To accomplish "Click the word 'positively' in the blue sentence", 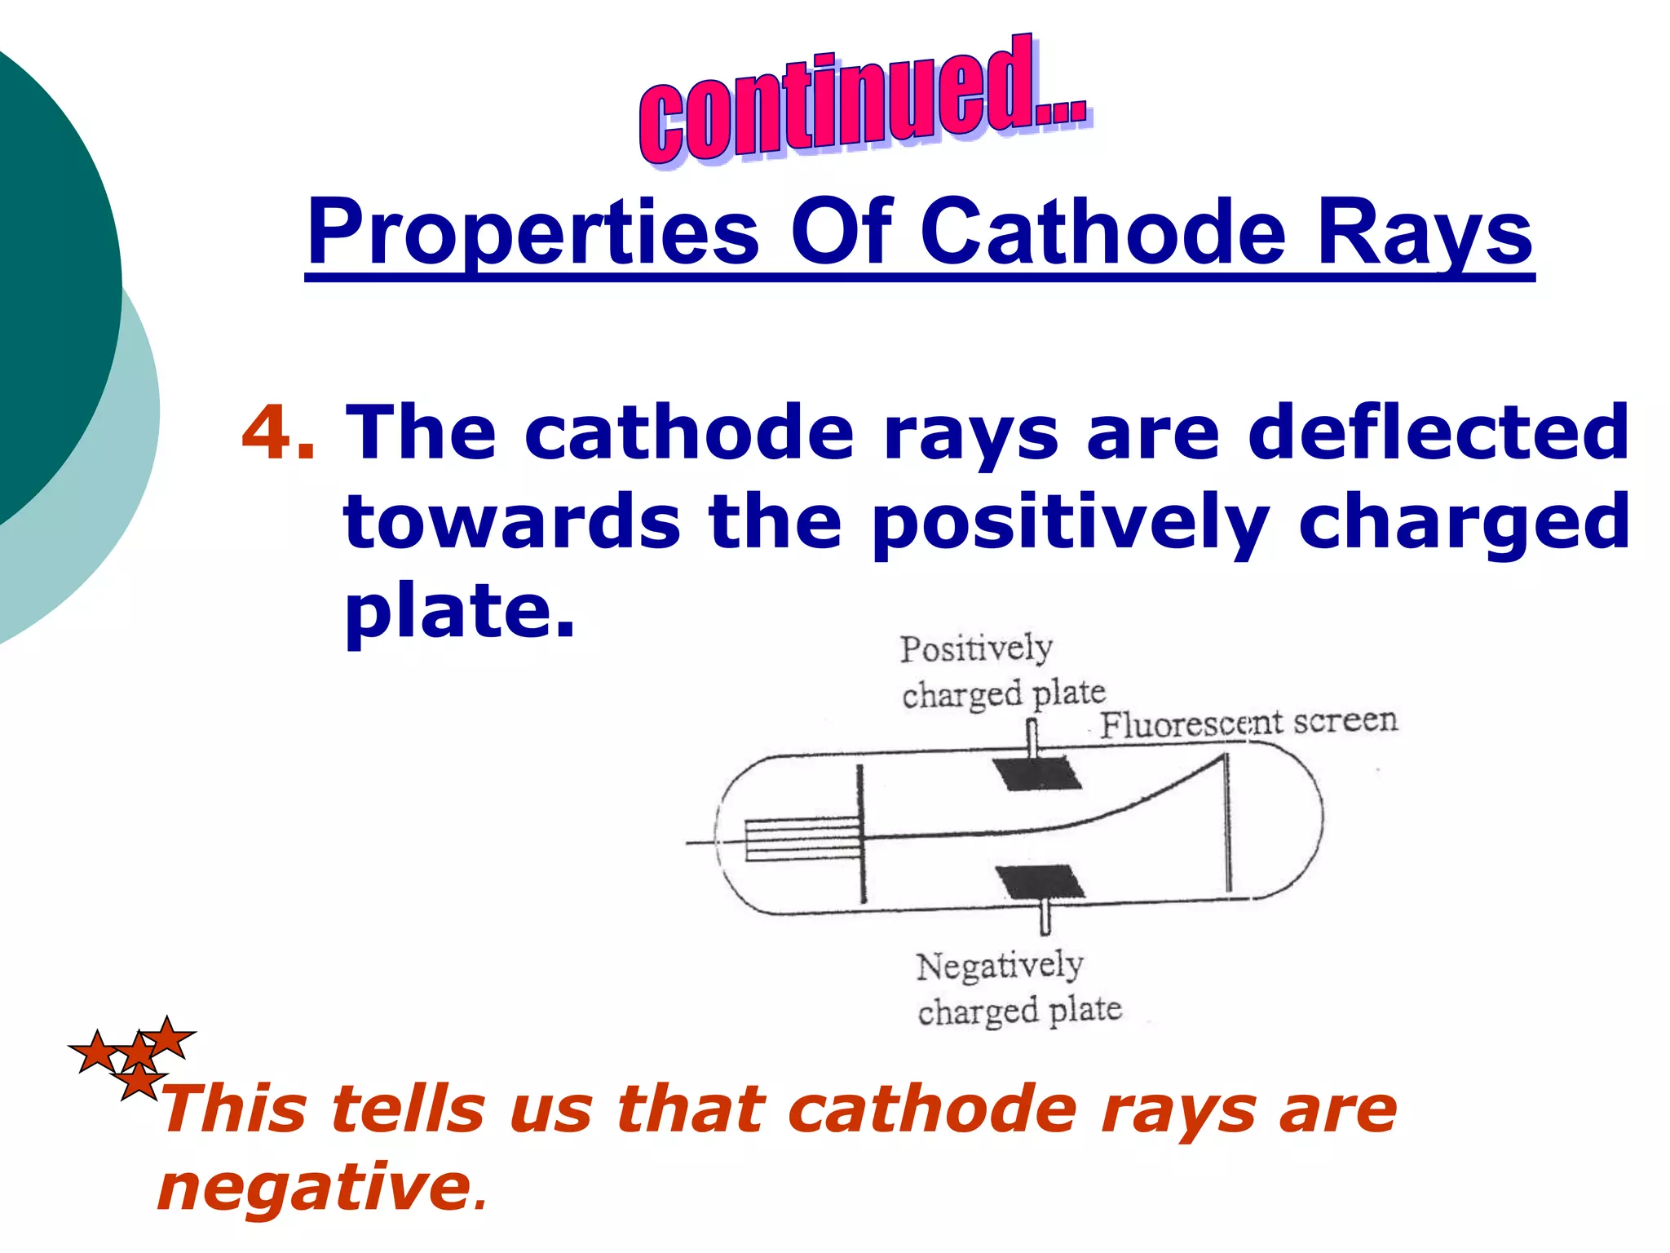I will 1069,522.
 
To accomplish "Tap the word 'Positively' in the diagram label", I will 975,649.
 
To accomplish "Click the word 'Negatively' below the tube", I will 999,966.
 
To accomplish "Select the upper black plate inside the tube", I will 1036,773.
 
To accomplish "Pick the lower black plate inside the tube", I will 1040,882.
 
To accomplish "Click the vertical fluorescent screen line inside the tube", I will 1226,824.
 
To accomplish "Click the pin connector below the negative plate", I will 1045,918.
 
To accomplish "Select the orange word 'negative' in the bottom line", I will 314,1187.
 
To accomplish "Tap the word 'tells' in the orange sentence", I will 408,1109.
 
